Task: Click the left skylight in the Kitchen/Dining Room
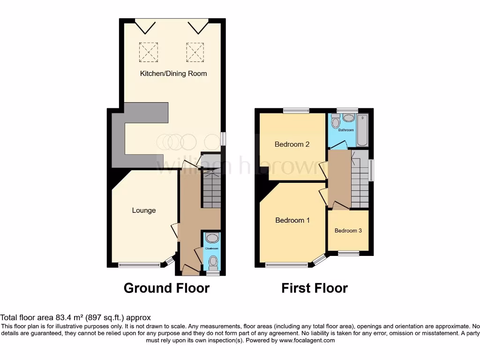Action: tap(148, 52)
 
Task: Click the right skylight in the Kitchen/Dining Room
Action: tap(195, 52)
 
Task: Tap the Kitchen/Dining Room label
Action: tap(173, 74)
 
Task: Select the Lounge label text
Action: tap(143, 210)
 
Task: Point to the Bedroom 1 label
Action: tap(292, 220)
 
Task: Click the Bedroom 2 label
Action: tap(292, 144)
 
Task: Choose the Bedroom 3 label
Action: tap(348, 231)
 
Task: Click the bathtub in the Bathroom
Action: tap(363, 130)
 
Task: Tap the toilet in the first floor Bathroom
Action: tap(335, 122)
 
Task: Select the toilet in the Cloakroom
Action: tap(213, 261)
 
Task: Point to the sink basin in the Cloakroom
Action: tap(212, 238)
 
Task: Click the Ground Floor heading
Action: tap(166, 288)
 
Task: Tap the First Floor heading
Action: tap(315, 288)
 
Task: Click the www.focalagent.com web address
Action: tap(307, 340)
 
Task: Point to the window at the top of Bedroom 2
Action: tap(296, 111)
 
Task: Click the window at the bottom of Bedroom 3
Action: tap(348, 254)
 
